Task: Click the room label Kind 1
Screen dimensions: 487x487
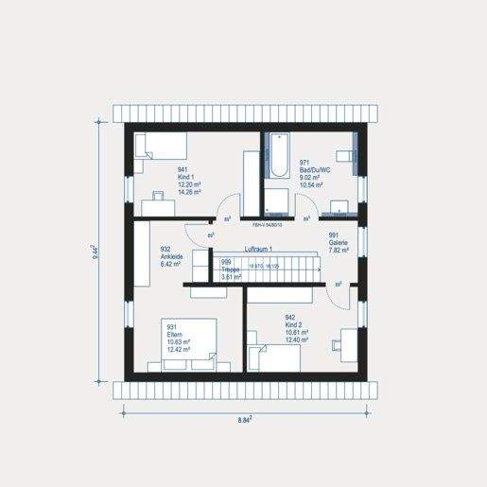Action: (x=185, y=177)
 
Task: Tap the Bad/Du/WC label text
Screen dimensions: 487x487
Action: (x=314, y=170)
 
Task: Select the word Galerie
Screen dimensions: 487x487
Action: (x=339, y=243)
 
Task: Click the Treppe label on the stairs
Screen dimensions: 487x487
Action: (x=230, y=270)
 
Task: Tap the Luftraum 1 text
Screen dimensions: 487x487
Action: (x=258, y=249)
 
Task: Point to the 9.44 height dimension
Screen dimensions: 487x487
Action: (x=96, y=253)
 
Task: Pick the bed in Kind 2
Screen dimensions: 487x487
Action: (x=274, y=357)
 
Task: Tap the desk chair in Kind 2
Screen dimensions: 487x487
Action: (x=338, y=340)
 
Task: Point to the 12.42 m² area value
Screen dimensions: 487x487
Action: (x=178, y=349)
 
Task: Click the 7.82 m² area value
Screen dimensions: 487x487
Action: (x=339, y=251)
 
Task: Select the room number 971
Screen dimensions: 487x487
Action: (x=305, y=163)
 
